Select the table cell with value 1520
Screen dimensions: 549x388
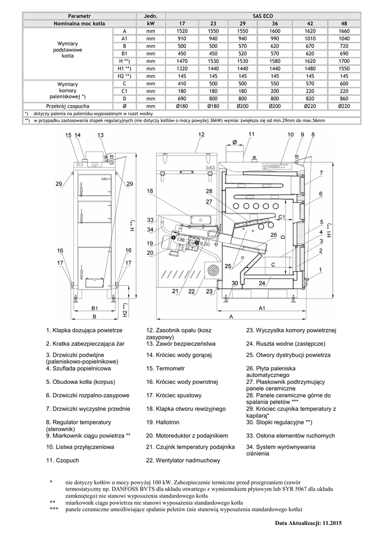(x=183, y=32)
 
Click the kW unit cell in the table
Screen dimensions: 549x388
(x=150, y=24)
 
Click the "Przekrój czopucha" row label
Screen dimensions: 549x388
(x=68, y=106)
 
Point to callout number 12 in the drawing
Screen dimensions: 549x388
(x=202, y=134)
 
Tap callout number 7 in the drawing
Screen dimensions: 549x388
(x=320, y=172)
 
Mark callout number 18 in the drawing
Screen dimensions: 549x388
(x=150, y=191)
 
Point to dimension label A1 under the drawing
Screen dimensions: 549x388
(x=262, y=308)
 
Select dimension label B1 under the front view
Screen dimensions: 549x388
(x=94, y=308)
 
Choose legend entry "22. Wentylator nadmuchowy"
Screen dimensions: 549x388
(x=183, y=460)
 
